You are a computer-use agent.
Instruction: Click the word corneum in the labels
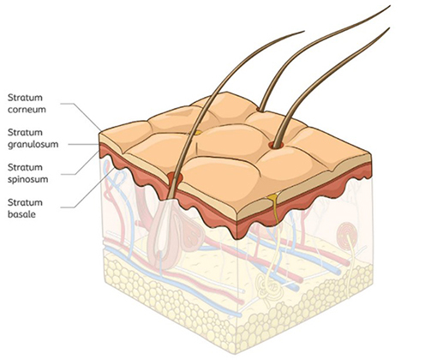[x=27, y=110]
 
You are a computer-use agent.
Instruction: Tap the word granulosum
[x=33, y=145]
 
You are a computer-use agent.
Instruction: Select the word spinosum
[x=27, y=180]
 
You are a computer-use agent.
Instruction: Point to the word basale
[x=21, y=214]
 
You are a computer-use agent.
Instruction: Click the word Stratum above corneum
[x=25, y=98]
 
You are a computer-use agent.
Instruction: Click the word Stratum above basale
[x=25, y=202]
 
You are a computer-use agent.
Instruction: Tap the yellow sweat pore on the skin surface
[x=198, y=133]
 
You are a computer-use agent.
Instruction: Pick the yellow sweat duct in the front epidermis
[x=274, y=207]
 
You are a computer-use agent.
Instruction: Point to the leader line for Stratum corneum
[x=81, y=117]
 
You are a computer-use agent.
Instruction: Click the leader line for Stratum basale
[x=87, y=188]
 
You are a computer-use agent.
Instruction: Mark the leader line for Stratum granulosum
[x=83, y=145]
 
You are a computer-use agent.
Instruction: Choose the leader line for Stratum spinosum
[x=80, y=163]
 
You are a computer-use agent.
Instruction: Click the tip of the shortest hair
[x=304, y=31]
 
